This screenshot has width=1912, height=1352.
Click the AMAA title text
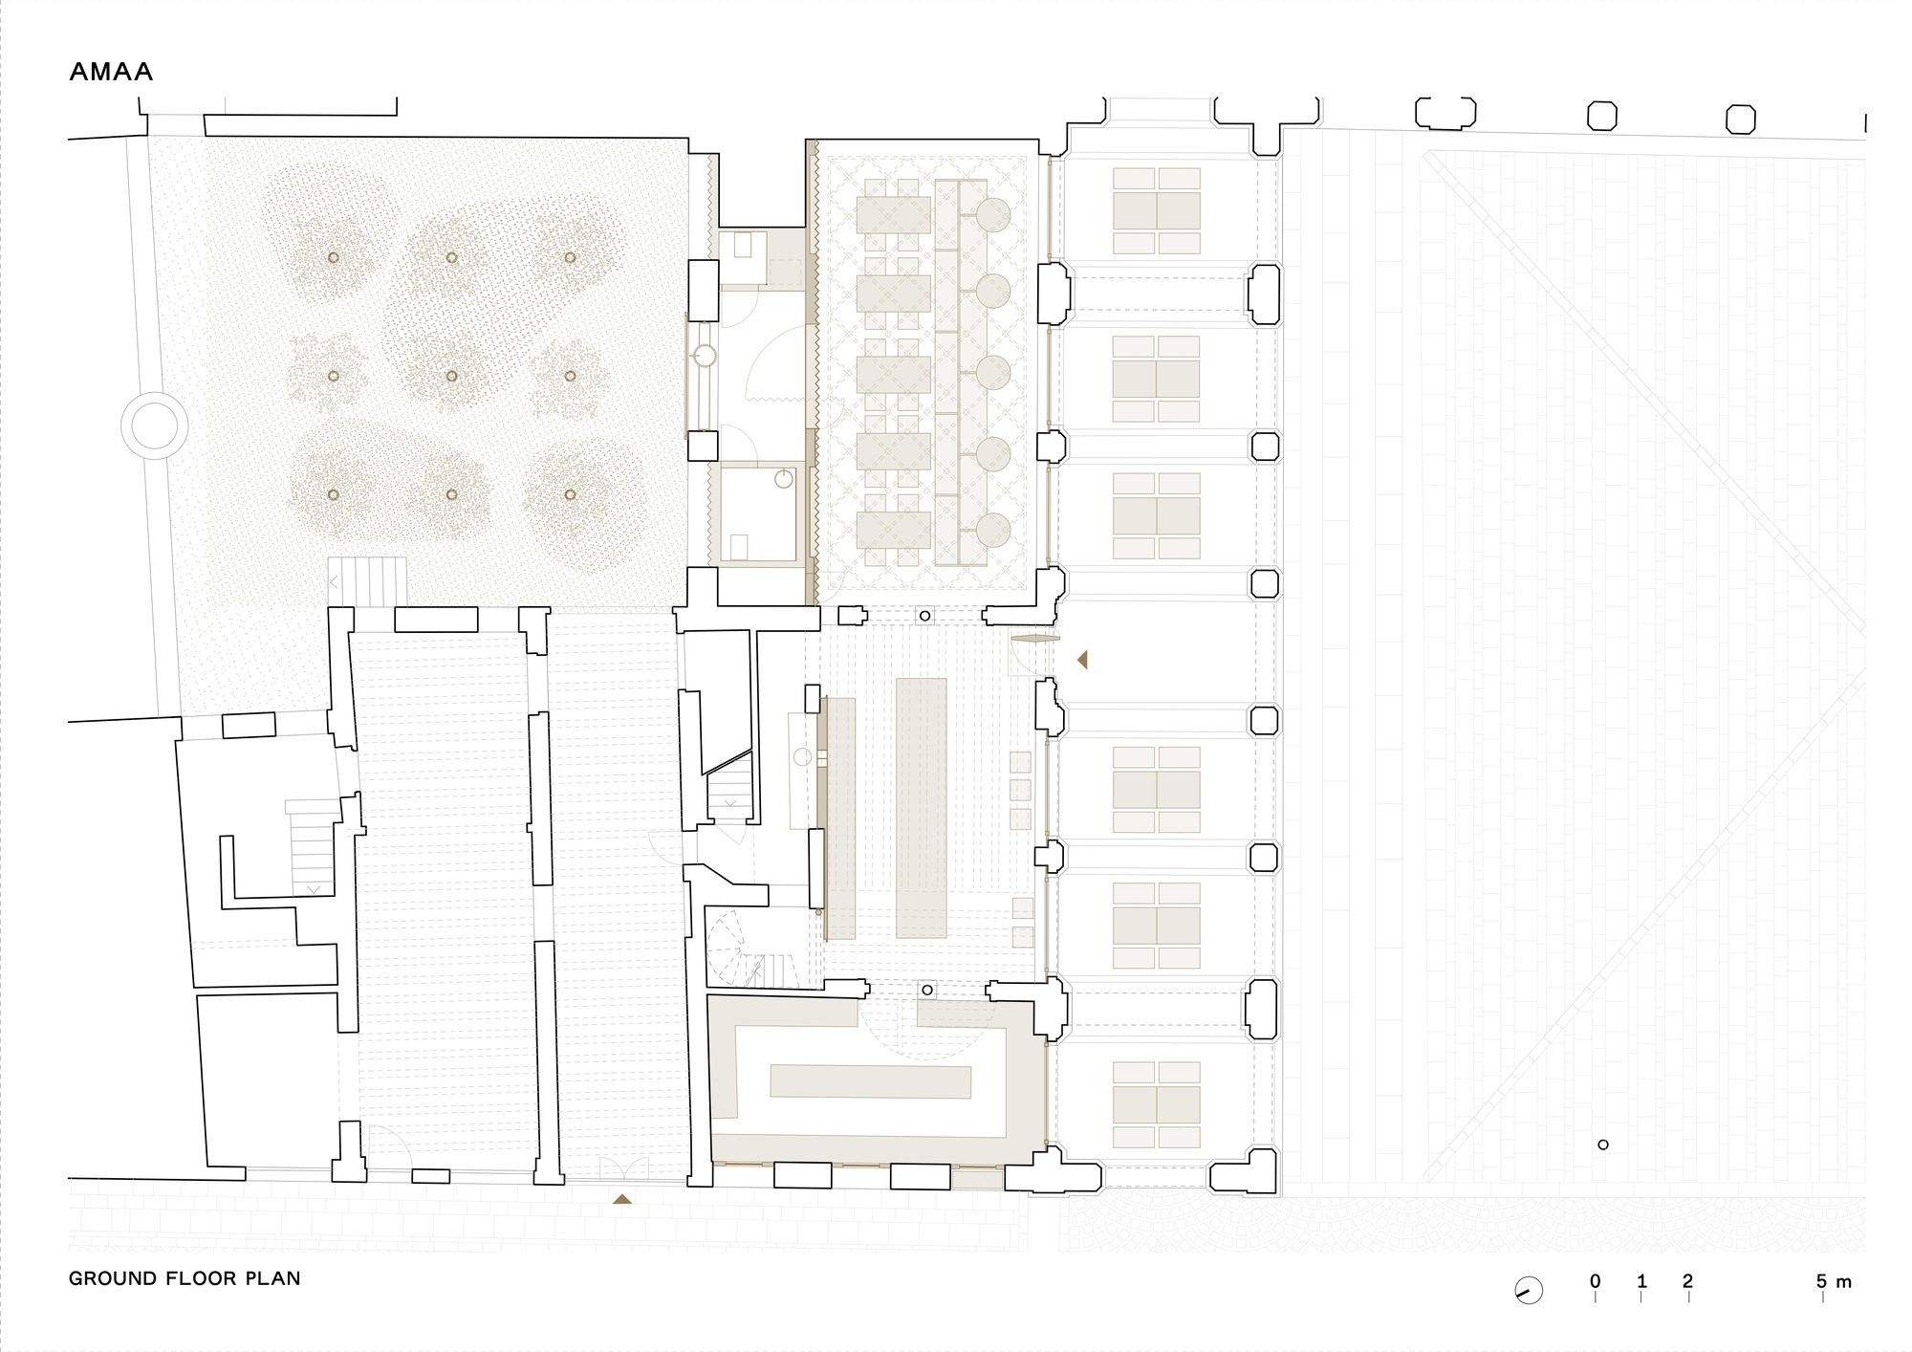[x=111, y=72]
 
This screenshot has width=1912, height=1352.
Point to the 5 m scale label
[x=1834, y=1281]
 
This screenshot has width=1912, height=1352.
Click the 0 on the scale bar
[x=1596, y=1281]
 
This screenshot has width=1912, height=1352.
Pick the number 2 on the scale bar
[x=1688, y=1281]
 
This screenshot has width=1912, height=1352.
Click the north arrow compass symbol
[x=1529, y=1290]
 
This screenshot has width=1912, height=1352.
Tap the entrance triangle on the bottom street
[x=622, y=1198]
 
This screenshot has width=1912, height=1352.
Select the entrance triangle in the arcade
[x=1082, y=659]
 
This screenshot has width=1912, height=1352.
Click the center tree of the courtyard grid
[x=451, y=376]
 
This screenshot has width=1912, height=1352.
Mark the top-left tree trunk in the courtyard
[x=333, y=257]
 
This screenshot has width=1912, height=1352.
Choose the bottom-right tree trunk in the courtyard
[x=570, y=494]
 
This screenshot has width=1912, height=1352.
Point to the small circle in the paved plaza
[x=1603, y=1145]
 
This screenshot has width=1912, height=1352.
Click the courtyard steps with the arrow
[x=367, y=580]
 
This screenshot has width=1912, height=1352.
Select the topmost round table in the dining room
[x=993, y=216]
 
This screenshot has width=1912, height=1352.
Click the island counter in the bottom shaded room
[x=870, y=1081]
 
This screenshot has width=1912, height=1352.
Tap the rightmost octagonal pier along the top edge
[x=1740, y=119]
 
